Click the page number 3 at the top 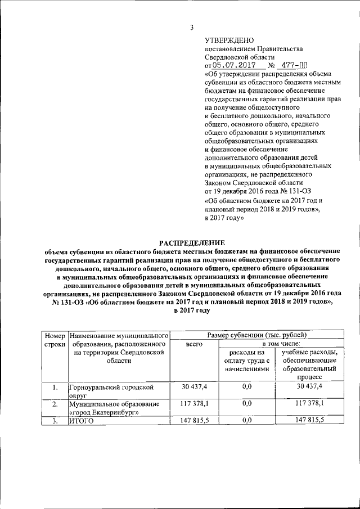click(x=191, y=28)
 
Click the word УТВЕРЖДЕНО click(x=229, y=40)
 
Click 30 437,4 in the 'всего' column click(x=194, y=387)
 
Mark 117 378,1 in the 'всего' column click(x=194, y=403)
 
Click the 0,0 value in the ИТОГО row click(x=246, y=420)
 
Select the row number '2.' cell click(x=55, y=404)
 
